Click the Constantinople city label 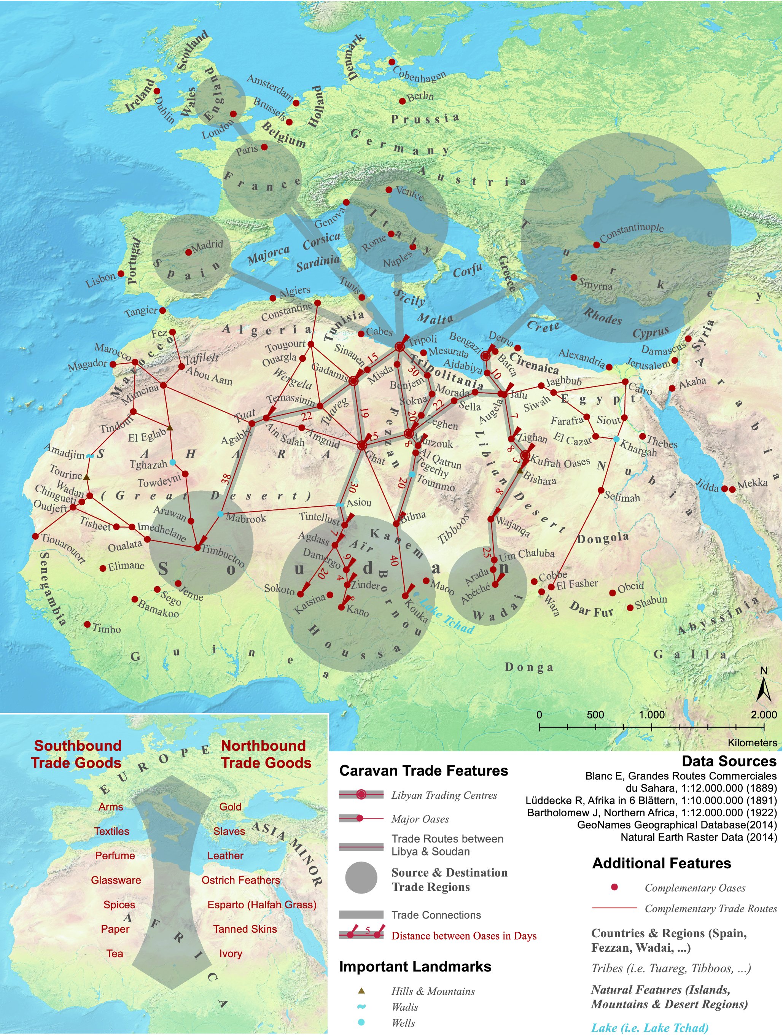[632, 232]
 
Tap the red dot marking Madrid [189, 252]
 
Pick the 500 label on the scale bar [595, 714]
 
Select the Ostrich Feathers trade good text [240, 880]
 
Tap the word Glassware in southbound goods [116, 880]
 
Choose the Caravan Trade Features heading [423, 771]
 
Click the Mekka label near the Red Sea [753, 483]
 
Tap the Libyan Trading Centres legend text [444, 795]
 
